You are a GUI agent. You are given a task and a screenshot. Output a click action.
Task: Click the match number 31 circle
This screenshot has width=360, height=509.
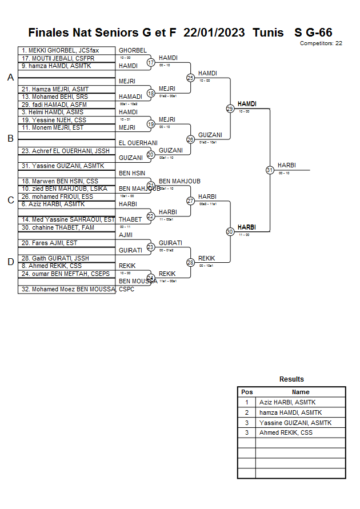[270, 170]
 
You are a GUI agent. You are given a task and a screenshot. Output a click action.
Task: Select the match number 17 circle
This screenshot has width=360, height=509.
[151, 62]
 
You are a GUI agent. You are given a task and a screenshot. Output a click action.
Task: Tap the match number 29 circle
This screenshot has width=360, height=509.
[230, 109]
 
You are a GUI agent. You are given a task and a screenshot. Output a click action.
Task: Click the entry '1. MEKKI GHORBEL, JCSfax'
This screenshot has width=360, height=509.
[60, 50]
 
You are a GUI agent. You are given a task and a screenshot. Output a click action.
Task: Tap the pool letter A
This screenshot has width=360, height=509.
[10, 78]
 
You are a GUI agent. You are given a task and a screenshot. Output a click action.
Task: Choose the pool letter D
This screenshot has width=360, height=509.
[10, 262]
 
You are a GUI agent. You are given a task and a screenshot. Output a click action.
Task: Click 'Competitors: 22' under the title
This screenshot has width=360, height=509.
[321, 43]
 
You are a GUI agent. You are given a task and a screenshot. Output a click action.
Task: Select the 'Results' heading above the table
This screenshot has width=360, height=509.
[291, 379]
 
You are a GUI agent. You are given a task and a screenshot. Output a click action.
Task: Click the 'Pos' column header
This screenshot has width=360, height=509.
[247, 392]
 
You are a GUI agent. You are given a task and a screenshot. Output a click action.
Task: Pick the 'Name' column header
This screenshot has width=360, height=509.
[301, 392]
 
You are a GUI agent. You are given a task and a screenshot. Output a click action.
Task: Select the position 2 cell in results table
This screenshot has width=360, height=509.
[247, 412]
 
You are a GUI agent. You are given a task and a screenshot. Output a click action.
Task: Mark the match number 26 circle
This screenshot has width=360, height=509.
[191, 139]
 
